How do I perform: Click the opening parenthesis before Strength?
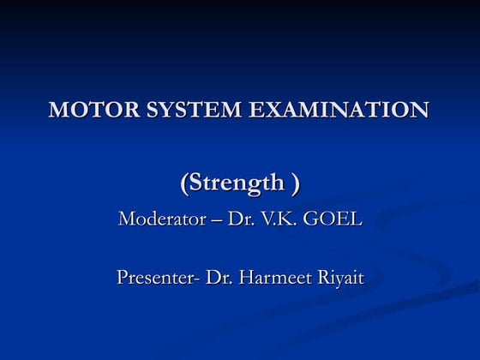pyautogui.click(x=184, y=183)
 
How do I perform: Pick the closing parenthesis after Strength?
pyautogui.click(x=296, y=183)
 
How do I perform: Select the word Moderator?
pyautogui.click(x=159, y=219)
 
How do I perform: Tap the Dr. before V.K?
pyautogui.click(x=239, y=219)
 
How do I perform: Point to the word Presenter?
pyautogui.click(x=155, y=278)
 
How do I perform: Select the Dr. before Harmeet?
pyautogui.click(x=218, y=278)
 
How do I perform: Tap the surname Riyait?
pyautogui.click(x=340, y=279)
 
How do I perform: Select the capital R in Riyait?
pyautogui.click(x=321, y=278)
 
